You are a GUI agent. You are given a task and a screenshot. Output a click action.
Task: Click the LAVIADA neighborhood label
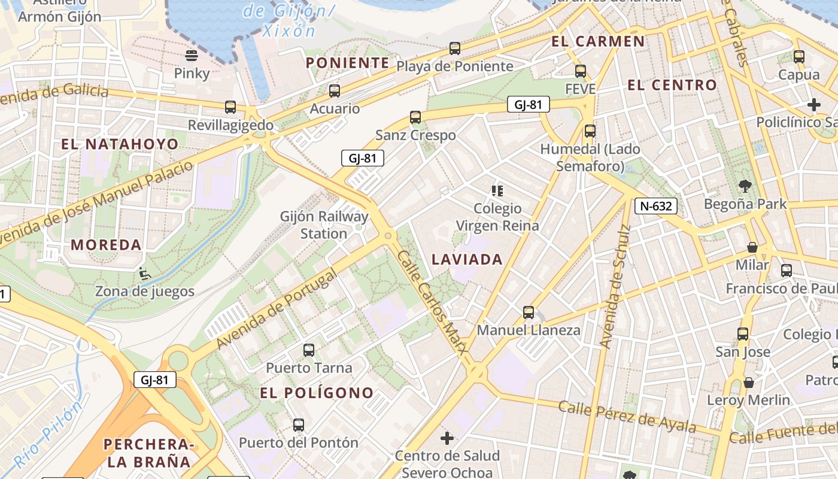[x=467, y=259]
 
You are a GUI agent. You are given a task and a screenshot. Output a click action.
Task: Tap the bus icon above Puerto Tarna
[x=309, y=350]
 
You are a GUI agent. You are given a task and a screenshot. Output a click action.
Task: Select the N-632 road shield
[x=656, y=207]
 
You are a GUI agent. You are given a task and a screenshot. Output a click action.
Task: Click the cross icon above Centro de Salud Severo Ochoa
[x=447, y=438]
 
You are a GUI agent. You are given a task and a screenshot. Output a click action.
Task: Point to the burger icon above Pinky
[x=192, y=56]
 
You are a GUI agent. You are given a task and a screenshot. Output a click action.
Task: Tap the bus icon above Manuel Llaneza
[x=529, y=313]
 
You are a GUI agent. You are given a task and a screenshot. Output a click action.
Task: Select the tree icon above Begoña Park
[x=745, y=186]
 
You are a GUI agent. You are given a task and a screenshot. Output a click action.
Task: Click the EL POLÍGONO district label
[x=317, y=393]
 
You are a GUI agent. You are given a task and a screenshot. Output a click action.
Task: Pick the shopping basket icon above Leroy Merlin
[x=749, y=382]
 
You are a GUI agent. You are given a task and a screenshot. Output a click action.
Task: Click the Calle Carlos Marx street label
[x=430, y=305]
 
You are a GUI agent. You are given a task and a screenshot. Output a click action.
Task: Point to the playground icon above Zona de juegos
[x=144, y=274]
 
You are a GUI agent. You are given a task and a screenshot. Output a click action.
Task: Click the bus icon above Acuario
[x=335, y=91]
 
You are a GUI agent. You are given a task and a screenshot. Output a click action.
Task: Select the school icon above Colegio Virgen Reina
[x=497, y=191]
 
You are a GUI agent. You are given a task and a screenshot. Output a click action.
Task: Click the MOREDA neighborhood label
[x=106, y=244]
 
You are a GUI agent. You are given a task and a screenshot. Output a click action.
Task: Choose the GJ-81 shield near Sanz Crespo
[x=362, y=158]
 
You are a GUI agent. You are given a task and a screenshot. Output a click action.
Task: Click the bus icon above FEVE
[x=580, y=71]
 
